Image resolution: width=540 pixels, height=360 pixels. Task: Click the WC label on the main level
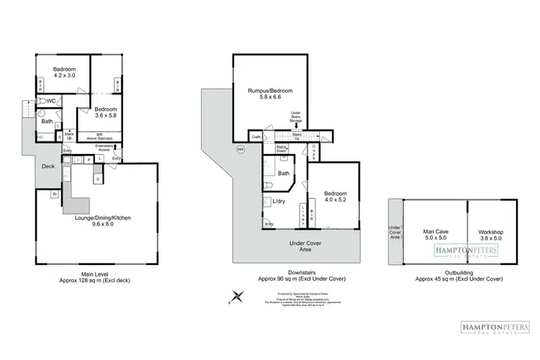(x=52, y=102)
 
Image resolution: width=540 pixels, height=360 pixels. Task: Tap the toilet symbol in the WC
(x=42, y=102)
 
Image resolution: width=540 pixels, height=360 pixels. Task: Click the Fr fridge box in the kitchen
(x=55, y=194)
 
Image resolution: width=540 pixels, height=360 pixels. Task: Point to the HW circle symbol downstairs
(x=240, y=149)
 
